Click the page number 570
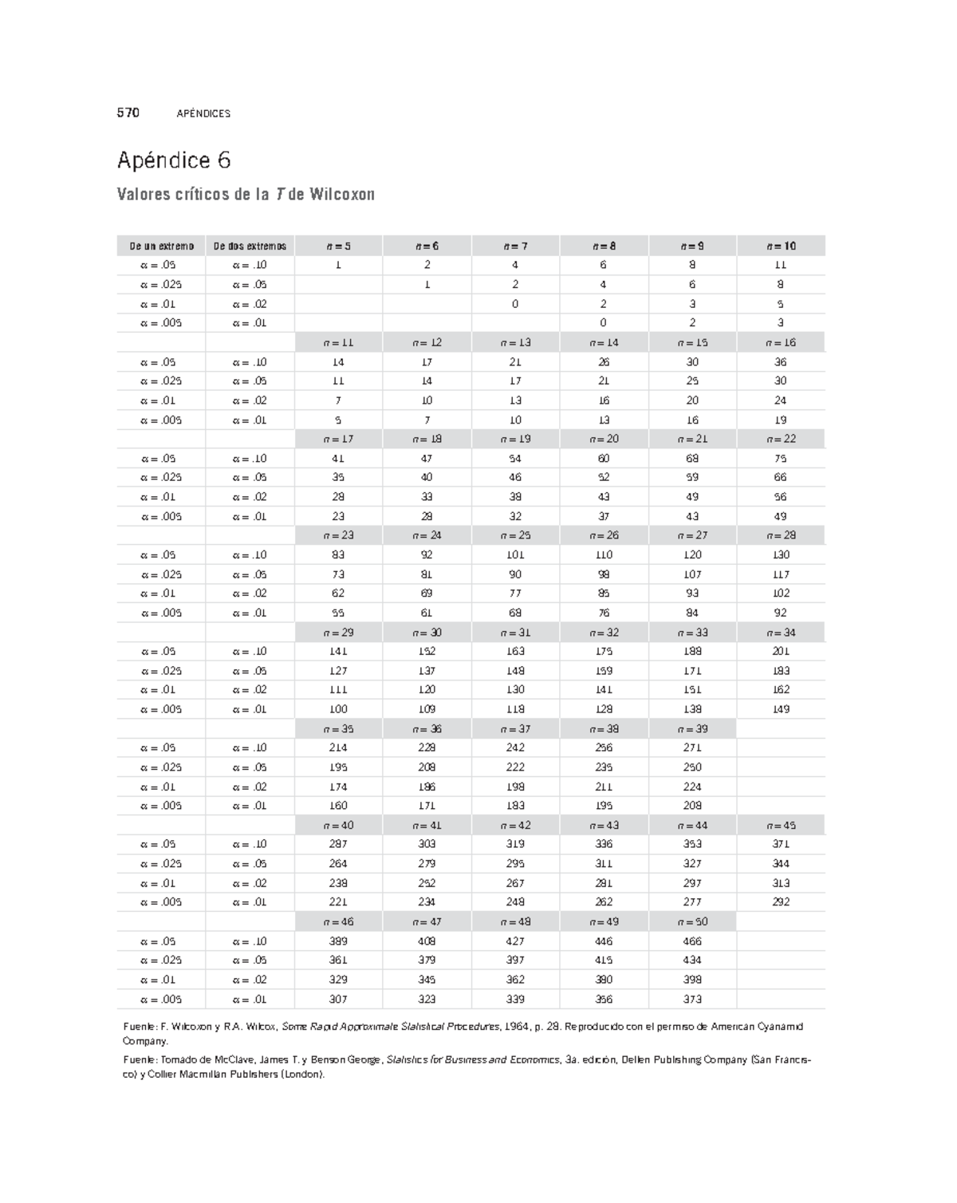(x=128, y=112)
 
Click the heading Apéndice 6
(x=174, y=160)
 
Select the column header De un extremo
(x=162, y=246)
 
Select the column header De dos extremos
(x=250, y=246)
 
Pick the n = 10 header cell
(x=781, y=246)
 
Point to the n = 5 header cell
(x=338, y=246)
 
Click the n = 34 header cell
(x=781, y=632)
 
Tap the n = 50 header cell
(x=692, y=921)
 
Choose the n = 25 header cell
(x=515, y=535)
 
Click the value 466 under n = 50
(x=692, y=941)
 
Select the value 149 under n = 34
(x=781, y=709)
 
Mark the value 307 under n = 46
(x=338, y=999)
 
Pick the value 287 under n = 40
(x=338, y=844)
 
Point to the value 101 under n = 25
(x=515, y=554)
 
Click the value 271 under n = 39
(x=692, y=747)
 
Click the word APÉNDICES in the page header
(x=203, y=113)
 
